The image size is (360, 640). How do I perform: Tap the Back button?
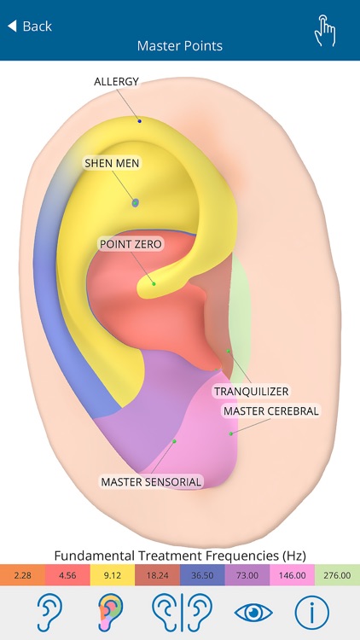30,26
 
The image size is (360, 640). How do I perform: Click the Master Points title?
180,46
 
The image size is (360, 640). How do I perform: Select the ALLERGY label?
116,82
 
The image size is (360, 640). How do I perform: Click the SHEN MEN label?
111,162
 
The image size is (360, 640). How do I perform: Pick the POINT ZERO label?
131,244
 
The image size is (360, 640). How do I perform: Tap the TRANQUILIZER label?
251,392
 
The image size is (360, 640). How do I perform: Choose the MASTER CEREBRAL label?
270,411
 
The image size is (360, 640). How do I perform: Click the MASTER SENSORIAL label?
151,482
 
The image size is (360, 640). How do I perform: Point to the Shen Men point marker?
136,202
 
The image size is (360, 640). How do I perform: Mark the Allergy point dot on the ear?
140,121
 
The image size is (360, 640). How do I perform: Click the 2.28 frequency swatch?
22,576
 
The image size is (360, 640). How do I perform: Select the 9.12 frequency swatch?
113,576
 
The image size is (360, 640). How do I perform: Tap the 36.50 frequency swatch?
202,576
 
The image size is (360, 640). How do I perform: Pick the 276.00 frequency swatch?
337,576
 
